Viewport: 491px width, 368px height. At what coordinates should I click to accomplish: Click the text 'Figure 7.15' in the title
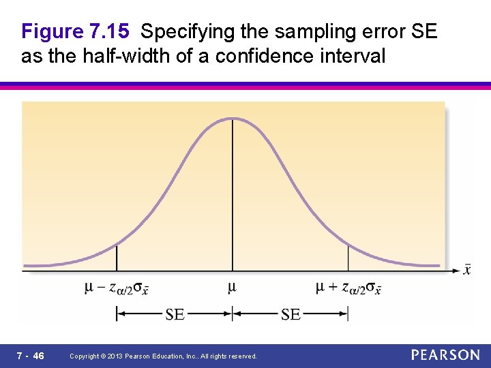(x=75, y=31)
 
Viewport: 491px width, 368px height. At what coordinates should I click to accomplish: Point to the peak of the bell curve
(x=233, y=119)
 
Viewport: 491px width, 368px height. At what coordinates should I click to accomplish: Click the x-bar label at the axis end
(x=467, y=270)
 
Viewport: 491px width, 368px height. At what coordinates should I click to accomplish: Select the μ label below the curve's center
(x=232, y=287)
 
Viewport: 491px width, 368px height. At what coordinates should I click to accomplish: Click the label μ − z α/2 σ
(x=117, y=288)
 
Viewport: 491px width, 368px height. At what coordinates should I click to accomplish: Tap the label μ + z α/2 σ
(x=348, y=288)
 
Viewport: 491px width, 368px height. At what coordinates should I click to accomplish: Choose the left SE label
(x=175, y=313)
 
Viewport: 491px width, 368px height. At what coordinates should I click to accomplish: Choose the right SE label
(x=291, y=313)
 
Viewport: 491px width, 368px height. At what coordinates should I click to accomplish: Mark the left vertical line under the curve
(x=117, y=258)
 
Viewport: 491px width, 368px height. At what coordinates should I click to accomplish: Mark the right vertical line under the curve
(x=348, y=258)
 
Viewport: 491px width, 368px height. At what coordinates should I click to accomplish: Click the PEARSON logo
(x=445, y=355)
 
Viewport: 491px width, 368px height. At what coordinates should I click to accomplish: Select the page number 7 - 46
(x=31, y=356)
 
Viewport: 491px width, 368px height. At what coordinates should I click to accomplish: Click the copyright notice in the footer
(x=164, y=356)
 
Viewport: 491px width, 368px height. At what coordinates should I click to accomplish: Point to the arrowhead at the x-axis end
(x=457, y=271)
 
